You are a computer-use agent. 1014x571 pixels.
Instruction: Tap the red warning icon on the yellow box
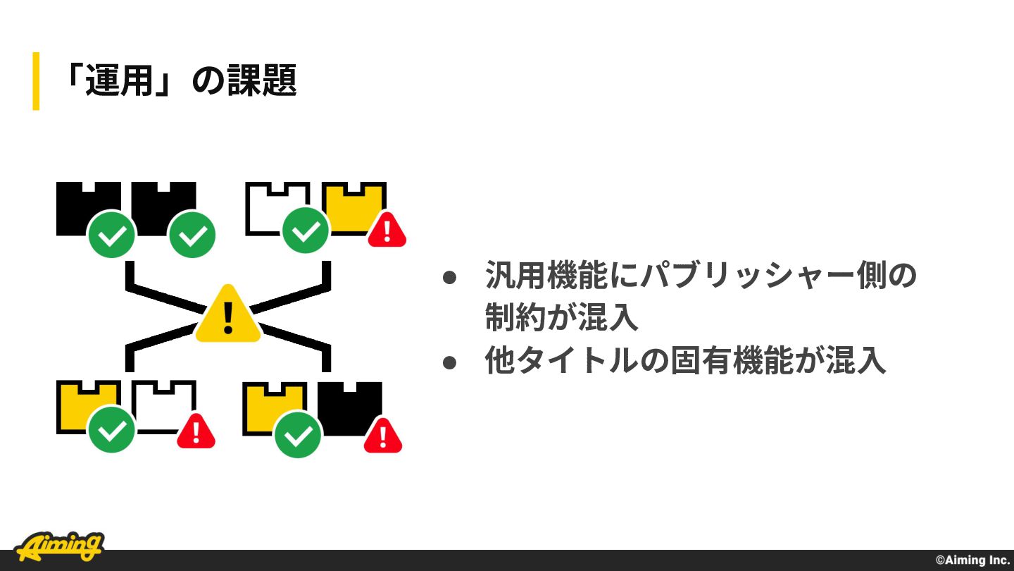pyautogui.click(x=387, y=231)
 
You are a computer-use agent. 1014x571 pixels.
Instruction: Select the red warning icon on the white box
pyautogui.click(x=196, y=431)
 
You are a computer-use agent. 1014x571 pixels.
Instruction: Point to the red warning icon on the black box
pyautogui.click(x=383, y=436)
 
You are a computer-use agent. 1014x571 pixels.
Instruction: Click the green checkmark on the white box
pyautogui.click(x=306, y=231)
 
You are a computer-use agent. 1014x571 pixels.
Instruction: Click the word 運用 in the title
pyautogui.click(x=119, y=80)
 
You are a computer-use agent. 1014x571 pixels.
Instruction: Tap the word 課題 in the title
pyautogui.click(x=262, y=80)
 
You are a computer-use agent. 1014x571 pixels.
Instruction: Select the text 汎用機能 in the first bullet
pyautogui.click(x=546, y=275)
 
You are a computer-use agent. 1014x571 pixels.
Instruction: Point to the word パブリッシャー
pyautogui.click(x=749, y=275)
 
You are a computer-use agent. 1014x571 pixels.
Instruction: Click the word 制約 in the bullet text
pyautogui.click(x=515, y=317)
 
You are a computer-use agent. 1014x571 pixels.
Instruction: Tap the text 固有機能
pyautogui.click(x=732, y=360)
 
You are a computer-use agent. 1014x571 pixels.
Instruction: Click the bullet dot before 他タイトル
pyautogui.click(x=449, y=362)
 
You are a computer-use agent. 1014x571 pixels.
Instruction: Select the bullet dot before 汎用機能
pyautogui.click(x=449, y=277)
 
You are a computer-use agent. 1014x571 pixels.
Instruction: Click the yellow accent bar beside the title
pyautogui.click(x=36, y=81)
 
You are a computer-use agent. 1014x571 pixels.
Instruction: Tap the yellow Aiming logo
pyautogui.click(x=59, y=546)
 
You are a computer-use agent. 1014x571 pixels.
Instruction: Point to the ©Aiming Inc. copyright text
pyautogui.click(x=972, y=560)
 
